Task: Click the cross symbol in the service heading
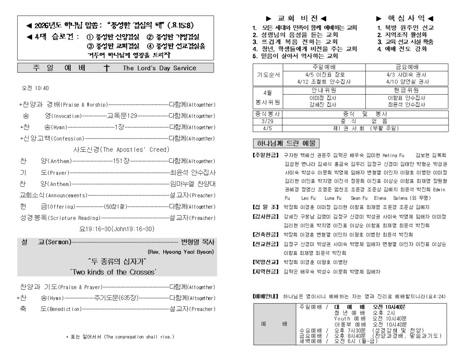click(x=107, y=68)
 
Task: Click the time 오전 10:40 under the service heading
click(x=35, y=88)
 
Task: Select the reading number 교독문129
click(x=122, y=116)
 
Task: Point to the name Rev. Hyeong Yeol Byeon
click(x=181, y=252)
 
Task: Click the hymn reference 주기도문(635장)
click(x=116, y=298)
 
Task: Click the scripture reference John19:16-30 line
click(x=117, y=229)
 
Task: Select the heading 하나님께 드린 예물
click(x=285, y=143)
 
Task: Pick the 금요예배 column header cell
click(x=407, y=67)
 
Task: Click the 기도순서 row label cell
click(x=268, y=75)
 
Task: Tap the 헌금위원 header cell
click(x=406, y=90)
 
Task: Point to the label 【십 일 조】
click(x=266, y=207)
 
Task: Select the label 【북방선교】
click(x=266, y=262)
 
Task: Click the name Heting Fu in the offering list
click(x=393, y=155)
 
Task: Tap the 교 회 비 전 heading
click(x=296, y=18)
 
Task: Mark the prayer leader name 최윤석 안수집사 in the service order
click(x=193, y=173)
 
